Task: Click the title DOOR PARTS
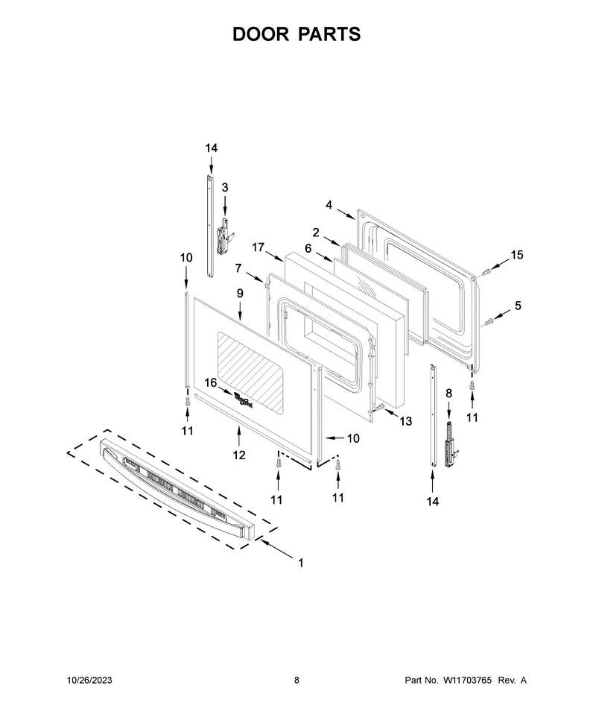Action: [x=297, y=34]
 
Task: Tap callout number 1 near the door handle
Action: [x=300, y=563]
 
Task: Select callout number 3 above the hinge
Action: [x=225, y=188]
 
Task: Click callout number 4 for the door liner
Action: [x=329, y=205]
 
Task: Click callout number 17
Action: [x=258, y=247]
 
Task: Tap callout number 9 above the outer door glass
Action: [x=240, y=293]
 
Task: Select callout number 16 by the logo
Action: [x=211, y=382]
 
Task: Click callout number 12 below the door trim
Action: [x=238, y=455]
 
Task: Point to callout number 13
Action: [x=405, y=421]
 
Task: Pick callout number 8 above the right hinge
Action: [x=449, y=394]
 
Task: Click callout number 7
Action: [x=238, y=268]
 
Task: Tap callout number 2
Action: [x=316, y=233]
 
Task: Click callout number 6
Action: [x=308, y=248]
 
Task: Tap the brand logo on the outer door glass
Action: [x=244, y=400]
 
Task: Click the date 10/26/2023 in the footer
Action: [x=89, y=680]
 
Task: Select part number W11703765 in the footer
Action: [x=467, y=680]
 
